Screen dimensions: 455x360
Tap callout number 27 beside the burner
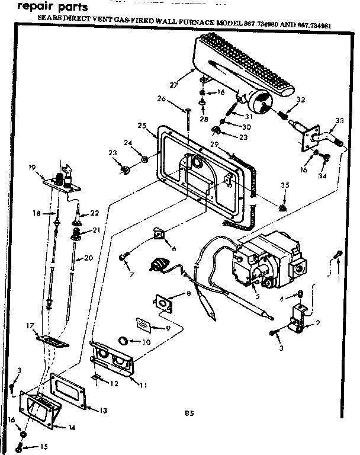[173, 85]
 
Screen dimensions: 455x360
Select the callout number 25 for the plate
[141, 126]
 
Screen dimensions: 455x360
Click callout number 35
[285, 185]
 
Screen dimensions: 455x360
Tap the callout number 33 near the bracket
[339, 121]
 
